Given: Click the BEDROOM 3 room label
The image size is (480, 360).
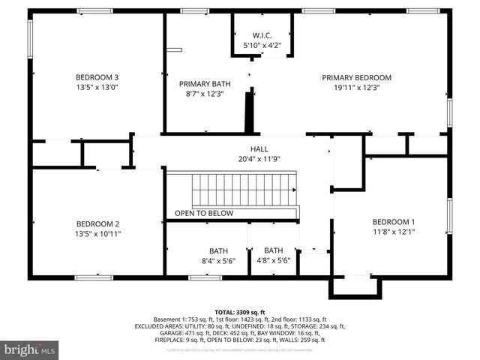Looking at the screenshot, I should pos(97,77).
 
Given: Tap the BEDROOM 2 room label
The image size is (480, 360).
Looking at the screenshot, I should pos(97,223).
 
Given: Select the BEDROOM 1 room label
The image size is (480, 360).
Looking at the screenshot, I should pos(394,221).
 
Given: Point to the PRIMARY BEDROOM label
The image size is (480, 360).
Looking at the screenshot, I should pos(357,77).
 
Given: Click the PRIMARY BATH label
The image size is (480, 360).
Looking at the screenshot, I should pos(205,84).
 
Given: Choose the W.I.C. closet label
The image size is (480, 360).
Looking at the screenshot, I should pos(262,35).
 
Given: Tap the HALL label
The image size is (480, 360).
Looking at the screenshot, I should pos(259,148).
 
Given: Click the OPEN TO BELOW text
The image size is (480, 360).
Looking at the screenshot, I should pos(204,213).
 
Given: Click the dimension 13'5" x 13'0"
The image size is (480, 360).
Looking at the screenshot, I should pos(97,87).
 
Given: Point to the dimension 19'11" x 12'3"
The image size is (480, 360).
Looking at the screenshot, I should pos(357,87).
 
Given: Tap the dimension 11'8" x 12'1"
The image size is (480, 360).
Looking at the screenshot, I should pos(394,232).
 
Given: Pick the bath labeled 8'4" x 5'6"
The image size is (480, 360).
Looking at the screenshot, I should pos(218,256).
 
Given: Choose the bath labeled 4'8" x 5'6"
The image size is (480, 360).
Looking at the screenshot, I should pos(273,256).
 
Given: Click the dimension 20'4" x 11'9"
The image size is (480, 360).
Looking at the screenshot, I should pos(259,158).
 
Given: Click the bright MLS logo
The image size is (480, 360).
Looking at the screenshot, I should pos(30,349).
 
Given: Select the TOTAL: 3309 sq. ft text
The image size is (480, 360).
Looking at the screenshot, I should pos(240,312).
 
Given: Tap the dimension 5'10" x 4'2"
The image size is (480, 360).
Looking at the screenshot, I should pos(262,46).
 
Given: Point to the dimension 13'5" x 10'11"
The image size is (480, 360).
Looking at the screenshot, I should pos(97,234).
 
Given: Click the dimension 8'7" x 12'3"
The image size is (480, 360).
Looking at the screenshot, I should pos(205,94).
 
